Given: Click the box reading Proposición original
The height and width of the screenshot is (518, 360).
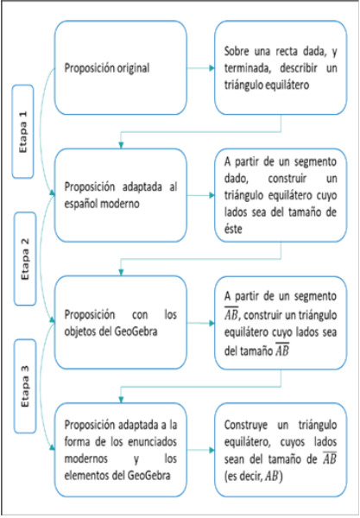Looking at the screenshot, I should [120, 67].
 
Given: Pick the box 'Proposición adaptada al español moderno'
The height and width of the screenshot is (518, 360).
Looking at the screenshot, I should [120, 194].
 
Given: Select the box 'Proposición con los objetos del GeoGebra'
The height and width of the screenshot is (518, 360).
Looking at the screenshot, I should [120, 321].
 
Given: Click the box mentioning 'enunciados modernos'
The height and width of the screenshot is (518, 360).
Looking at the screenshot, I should [120, 448].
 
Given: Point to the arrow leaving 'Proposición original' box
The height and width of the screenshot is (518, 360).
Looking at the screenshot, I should [200, 67].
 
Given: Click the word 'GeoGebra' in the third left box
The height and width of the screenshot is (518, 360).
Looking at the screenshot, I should [138, 330].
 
